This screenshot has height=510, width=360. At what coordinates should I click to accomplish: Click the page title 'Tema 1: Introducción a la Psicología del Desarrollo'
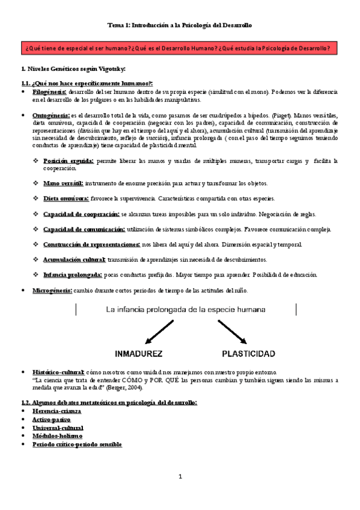180,25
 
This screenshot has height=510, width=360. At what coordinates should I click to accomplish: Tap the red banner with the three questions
180,48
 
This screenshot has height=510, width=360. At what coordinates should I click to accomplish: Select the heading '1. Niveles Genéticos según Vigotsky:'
73,70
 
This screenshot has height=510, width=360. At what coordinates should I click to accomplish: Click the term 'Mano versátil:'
63,183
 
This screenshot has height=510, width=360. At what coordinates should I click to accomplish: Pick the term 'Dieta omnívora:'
66,198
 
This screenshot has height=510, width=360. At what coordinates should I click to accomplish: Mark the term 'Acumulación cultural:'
75,260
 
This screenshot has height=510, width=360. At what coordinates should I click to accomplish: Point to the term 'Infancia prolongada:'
73,275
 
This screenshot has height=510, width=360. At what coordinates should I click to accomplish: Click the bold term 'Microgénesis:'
52,290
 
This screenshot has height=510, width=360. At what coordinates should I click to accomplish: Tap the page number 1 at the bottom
180,477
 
